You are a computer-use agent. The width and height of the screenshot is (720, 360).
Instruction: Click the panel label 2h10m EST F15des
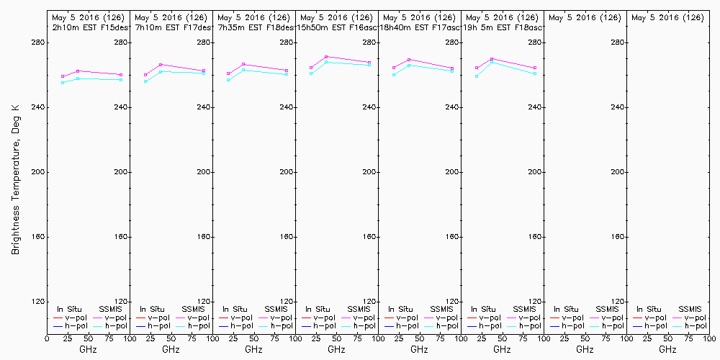[90, 27]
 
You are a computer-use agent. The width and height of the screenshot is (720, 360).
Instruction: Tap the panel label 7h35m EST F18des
[256, 27]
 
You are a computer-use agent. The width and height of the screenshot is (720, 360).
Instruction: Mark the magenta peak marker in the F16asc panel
[326, 57]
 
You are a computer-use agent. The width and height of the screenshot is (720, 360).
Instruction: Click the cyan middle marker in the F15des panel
[78, 78]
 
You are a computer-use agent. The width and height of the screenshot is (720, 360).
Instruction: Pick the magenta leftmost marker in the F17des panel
[145, 75]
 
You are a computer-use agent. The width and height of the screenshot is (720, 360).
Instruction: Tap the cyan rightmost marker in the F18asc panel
[535, 73]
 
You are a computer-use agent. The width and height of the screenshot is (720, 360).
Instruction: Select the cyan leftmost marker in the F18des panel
[228, 80]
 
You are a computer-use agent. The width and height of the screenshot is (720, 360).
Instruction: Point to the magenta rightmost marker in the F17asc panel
[452, 68]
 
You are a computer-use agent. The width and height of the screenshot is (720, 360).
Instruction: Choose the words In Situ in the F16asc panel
[318, 309]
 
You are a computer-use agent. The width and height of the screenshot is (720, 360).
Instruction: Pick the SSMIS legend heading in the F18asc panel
[523, 309]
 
